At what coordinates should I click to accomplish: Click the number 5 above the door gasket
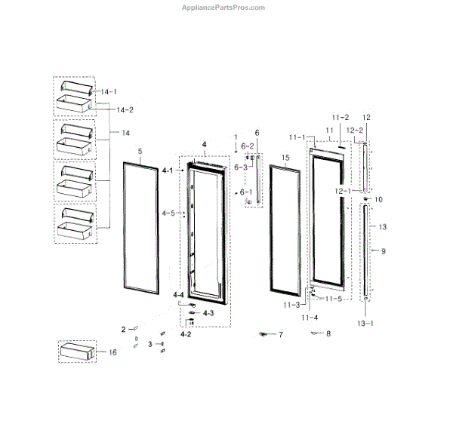point(140,151)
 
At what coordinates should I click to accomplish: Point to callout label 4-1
point(168,171)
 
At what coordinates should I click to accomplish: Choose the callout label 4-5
point(168,213)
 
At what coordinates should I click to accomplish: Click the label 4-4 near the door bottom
point(178,294)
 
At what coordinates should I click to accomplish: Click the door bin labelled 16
point(78,351)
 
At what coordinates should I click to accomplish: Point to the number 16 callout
point(112,352)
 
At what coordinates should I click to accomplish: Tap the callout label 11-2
point(341,118)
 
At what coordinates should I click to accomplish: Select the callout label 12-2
point(355,131)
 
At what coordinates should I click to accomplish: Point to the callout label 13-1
point(365,324)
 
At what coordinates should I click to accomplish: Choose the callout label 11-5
point(334,298)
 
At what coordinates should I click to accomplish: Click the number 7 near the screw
point(279,334)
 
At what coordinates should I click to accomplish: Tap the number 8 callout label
point(328,333)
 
